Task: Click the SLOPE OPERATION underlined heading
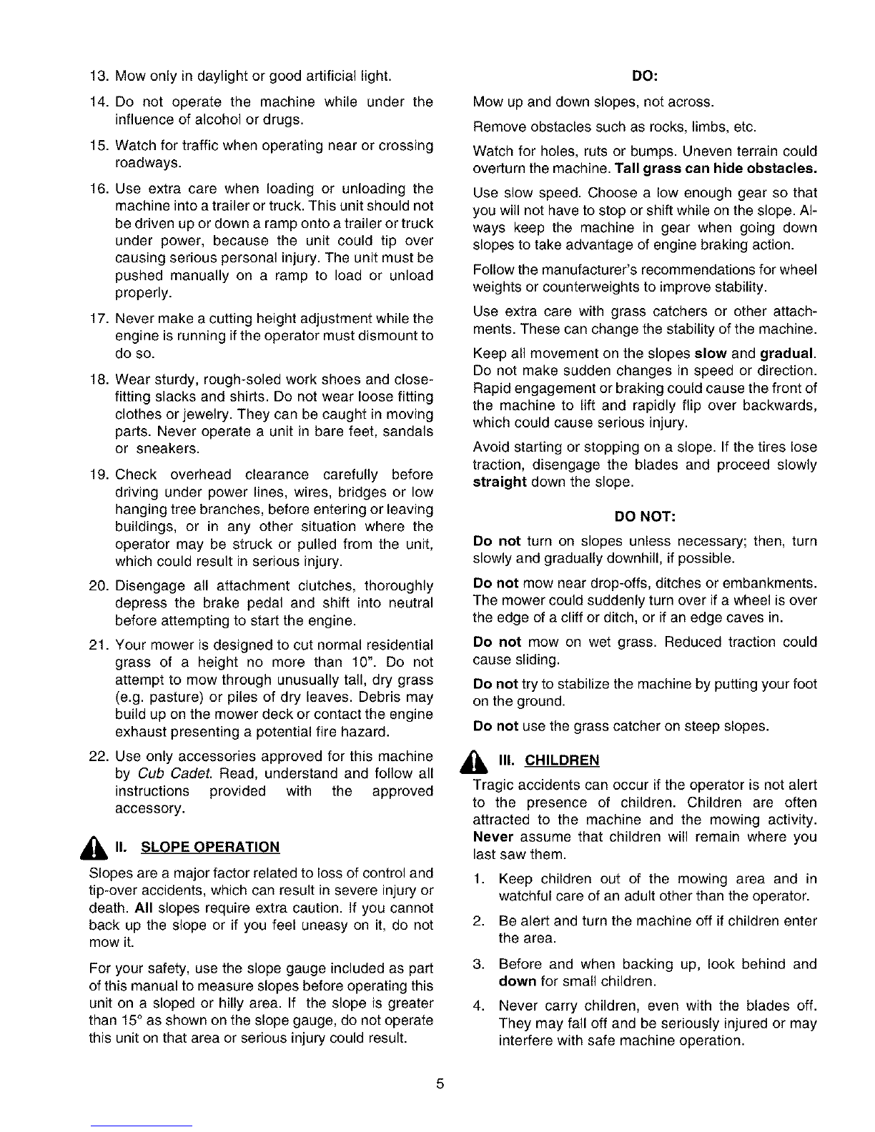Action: [x=211, y=848]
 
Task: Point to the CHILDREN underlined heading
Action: [x=562, y=759]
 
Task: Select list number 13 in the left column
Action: [x=99, y=76]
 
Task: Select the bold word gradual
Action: [x=788, y=354]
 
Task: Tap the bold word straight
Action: [x=500, y=482]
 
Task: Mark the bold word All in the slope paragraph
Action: [x=144, y=908]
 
